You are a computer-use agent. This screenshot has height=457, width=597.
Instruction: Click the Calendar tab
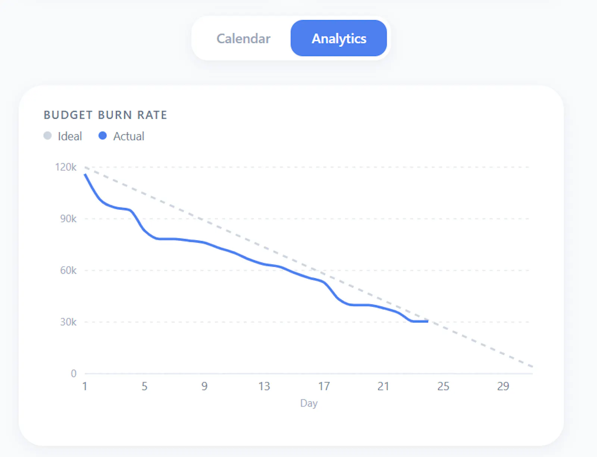(x=243, y=38)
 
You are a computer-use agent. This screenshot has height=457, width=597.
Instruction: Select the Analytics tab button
(x=338, y=38)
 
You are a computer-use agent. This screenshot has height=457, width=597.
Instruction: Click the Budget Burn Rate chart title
(x=105, y=115)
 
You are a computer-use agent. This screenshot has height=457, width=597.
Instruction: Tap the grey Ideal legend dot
(x=47, y=136)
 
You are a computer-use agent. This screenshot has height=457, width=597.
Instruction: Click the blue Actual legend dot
(x=103, y=136)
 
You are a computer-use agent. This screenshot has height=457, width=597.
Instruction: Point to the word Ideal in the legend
(x=70, y=136)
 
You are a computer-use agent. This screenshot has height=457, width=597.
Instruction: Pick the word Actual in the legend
(x=129, y=136)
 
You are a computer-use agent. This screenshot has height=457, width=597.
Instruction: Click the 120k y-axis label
(x=66, y=167)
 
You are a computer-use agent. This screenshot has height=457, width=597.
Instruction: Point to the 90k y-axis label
(x=68, y=219)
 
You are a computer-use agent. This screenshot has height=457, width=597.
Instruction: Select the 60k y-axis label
(x=68, y=270)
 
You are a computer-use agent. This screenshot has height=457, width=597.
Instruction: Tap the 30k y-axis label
(x=68, y=322)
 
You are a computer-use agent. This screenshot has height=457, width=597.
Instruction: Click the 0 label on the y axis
(x=74, y=373)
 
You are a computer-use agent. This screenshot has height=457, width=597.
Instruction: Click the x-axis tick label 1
(x=85, y=386)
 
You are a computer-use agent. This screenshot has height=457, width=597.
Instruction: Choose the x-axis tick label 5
(x=144, y=386)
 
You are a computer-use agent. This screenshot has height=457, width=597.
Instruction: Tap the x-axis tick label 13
(x=264, y=386)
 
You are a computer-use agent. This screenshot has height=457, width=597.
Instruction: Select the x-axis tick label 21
(x=383, y=386)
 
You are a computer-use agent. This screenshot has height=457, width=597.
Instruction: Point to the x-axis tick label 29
(x=503, y=386)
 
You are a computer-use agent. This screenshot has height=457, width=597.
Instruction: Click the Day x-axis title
(x=309, y=403)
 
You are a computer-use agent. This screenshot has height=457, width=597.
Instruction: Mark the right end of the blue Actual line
(x=428, y=321)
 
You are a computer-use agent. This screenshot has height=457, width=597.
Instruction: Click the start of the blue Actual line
(x=85, y=175)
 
